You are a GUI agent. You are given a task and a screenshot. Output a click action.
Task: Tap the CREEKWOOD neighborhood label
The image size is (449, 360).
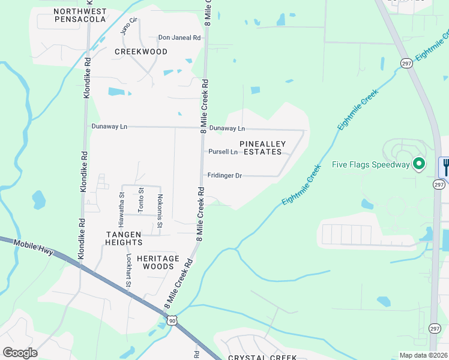click(x=141, y=52)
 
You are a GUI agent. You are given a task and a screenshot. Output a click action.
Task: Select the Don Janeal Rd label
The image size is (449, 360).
click(x=179, y=38)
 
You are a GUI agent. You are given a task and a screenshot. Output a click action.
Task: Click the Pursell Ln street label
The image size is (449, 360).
click(x=223, y=152)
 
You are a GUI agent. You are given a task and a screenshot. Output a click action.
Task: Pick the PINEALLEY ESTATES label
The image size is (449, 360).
click(x=262, y=148)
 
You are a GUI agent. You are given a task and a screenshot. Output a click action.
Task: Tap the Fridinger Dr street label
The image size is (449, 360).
click(x=224, y=176)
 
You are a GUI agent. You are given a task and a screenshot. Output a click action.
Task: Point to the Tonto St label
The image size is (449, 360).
click(x=142, y=200)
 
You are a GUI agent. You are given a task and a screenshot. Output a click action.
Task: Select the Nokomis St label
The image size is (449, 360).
click(x=160, y=211)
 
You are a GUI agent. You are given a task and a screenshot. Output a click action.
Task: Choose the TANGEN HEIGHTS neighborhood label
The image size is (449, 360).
click(x=124, y=238)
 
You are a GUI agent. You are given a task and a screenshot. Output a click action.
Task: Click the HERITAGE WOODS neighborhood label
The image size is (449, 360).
click(x=158, y=262)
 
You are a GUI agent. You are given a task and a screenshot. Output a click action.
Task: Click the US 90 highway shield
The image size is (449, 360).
click(x=172, y=322)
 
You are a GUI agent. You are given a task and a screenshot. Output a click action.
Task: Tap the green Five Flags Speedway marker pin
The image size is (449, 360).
click(x=419, y=163)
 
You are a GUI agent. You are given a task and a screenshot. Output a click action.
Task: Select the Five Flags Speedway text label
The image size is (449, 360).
click(x=371, y=164)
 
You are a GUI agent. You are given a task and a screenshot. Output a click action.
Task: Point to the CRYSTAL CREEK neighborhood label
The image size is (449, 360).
click(x=262, y=357)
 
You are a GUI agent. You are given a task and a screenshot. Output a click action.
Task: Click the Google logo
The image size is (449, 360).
click(x=20, y=353)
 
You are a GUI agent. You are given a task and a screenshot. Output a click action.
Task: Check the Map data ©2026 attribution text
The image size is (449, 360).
click(x=424, y=355)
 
